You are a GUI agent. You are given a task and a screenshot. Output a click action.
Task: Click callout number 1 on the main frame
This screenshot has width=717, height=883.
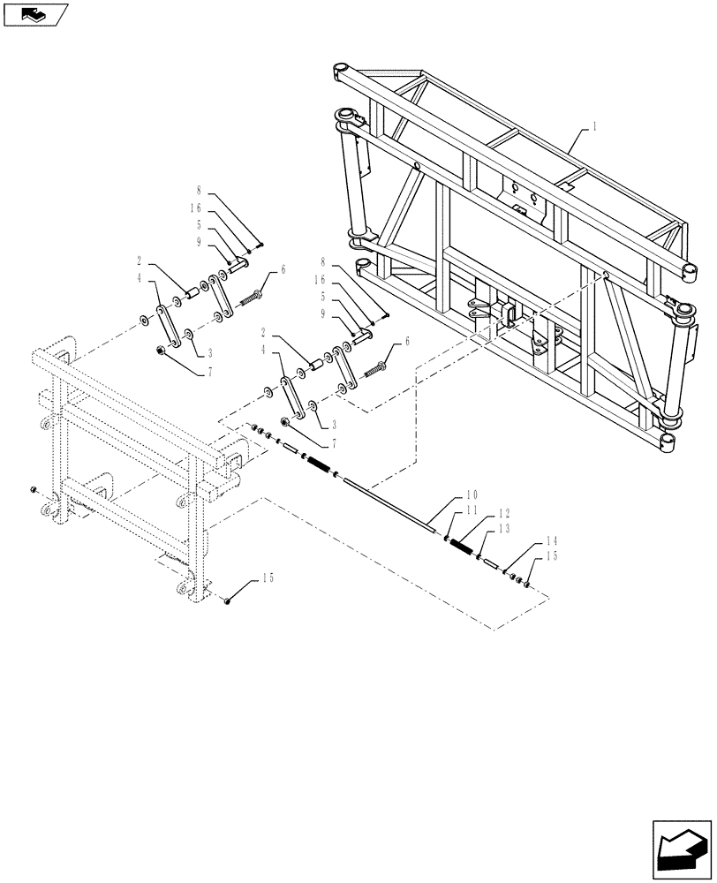pyautogui.click(x=595, y=126)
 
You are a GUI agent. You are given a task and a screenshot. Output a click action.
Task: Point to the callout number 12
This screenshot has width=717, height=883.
pyautogui.click(x=504, y=514)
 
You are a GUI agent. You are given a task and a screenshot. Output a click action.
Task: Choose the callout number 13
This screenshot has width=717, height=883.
pyautogui.click(x=504, y=528)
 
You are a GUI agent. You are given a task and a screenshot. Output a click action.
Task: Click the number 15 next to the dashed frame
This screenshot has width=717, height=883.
pyautogui.click(x=267, y=580)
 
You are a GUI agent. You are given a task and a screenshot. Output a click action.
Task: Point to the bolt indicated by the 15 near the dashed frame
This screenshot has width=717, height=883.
pyautogui.click(x=228, y=600)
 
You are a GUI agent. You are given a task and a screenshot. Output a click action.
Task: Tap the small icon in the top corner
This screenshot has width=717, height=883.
pyautogui.click(x=34, y=13)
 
